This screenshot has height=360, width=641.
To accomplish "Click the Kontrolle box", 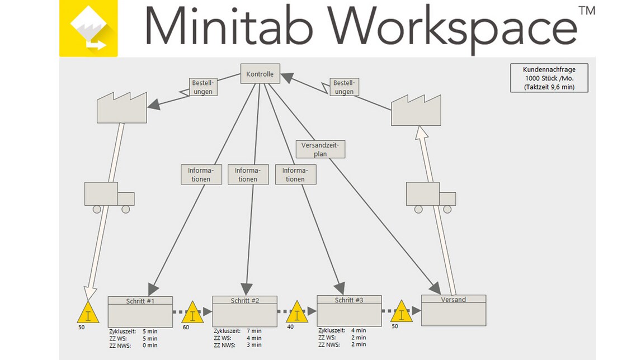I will click(260, 74).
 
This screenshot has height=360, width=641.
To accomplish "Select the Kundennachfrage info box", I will click(549, 78).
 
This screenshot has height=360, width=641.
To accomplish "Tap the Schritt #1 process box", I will click(140, 311).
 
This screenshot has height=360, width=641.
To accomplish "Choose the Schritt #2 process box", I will click(244, 311).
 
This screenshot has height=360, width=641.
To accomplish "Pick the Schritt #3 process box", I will click(349, 311).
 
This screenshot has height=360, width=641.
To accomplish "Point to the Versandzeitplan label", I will click(320, 149).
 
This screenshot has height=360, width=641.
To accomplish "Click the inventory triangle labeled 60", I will click(192, 313).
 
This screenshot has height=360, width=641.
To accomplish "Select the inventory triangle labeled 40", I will click(297, 313).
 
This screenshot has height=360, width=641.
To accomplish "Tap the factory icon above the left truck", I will click(121, 108).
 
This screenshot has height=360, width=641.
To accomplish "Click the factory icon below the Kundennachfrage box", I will click(416, 111).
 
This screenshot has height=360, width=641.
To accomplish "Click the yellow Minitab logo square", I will click(88, 28).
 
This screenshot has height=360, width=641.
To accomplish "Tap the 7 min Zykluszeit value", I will click(254, 331).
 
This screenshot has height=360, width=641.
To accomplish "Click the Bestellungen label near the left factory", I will click(203, 87).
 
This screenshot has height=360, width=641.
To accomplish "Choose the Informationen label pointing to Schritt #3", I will click(295, 174).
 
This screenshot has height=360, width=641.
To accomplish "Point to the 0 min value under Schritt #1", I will click(150, 345).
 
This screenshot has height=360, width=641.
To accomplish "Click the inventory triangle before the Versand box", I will click(401, 312).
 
